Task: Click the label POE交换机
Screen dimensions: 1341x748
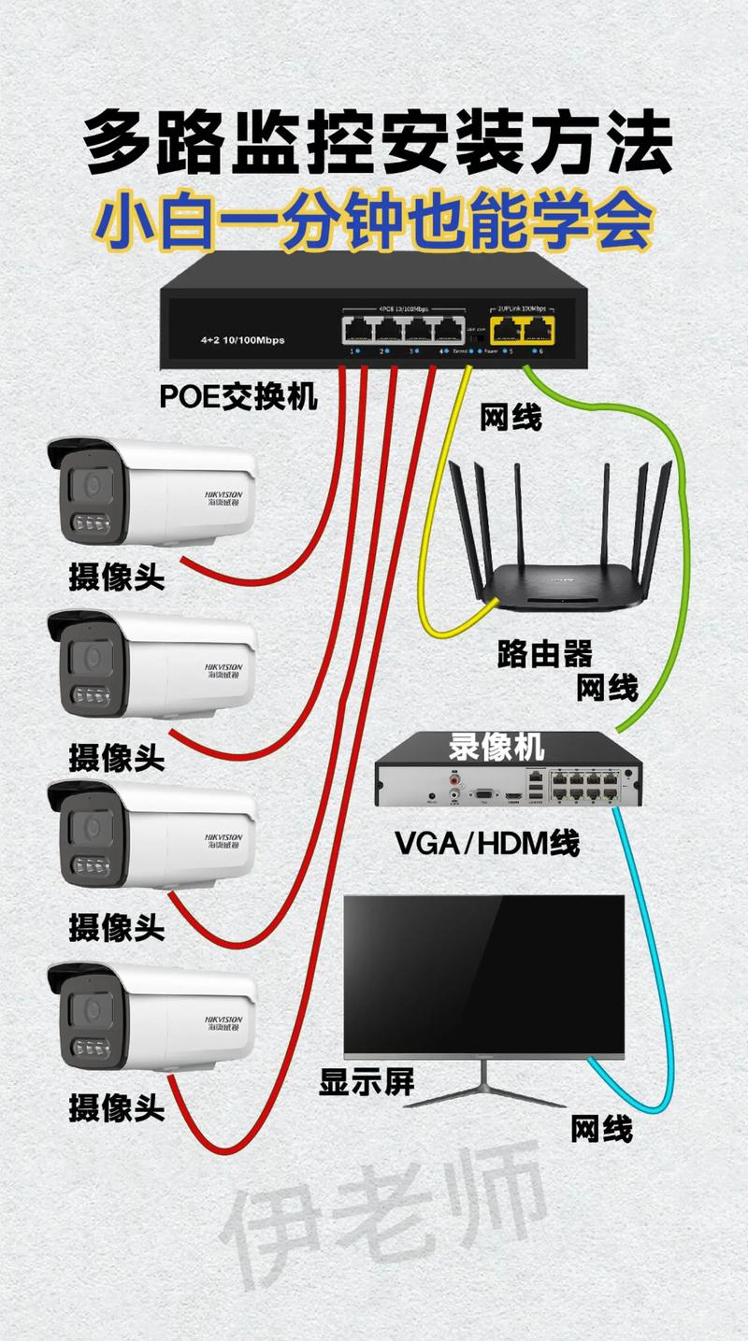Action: tap(238, 396)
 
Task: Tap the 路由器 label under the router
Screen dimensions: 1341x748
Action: tap(545, 654)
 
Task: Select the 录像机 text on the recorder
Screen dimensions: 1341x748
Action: tap(496, 747)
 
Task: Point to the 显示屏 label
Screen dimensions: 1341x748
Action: tap(367, 1081)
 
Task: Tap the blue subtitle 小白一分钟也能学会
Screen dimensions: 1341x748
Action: tap(374, 222)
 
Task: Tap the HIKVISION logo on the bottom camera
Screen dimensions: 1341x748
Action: tap(223, 1020)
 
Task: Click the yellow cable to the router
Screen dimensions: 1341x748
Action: tap(433, 523)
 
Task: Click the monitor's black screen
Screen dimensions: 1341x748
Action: tap(483, 972)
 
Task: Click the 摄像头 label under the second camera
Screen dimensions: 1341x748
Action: tap(117, 756)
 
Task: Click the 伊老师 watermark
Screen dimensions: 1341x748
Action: tap(383, 1215)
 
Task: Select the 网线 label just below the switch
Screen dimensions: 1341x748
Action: tap(511, 417)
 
